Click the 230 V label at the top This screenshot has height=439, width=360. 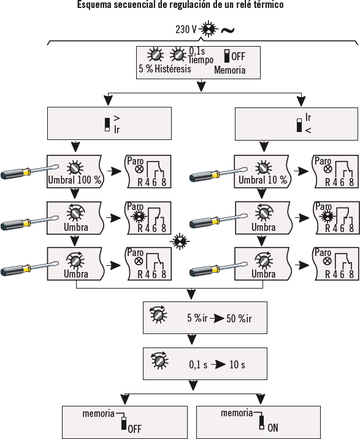(186, 29)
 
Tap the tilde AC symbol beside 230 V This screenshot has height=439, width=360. (228, 30)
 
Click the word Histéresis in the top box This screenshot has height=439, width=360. (173, 69)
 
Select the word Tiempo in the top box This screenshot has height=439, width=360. (201, 60)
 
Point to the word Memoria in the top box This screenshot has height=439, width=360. (229, 70)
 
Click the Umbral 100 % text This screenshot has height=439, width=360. (74, 180)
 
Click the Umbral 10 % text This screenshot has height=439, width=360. (262, 180)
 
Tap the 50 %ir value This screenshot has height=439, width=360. (239, 318)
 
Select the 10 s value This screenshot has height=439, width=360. (237, 365)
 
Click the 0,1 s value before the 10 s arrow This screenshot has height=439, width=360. (198, 365)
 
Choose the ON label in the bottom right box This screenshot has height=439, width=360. (273, 427)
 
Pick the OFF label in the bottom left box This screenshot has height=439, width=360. (134, 429)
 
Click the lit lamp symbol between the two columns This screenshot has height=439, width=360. (180, 242)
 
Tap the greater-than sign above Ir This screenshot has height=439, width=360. (117, 118)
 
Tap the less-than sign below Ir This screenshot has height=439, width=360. (308, 130)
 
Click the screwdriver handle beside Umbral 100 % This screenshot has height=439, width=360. (15, 173)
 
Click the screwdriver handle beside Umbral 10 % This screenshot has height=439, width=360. (204, 176)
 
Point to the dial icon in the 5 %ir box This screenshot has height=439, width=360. (158, 314)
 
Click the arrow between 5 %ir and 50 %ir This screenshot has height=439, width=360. (217, 319)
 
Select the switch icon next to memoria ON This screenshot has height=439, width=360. (261, 422)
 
